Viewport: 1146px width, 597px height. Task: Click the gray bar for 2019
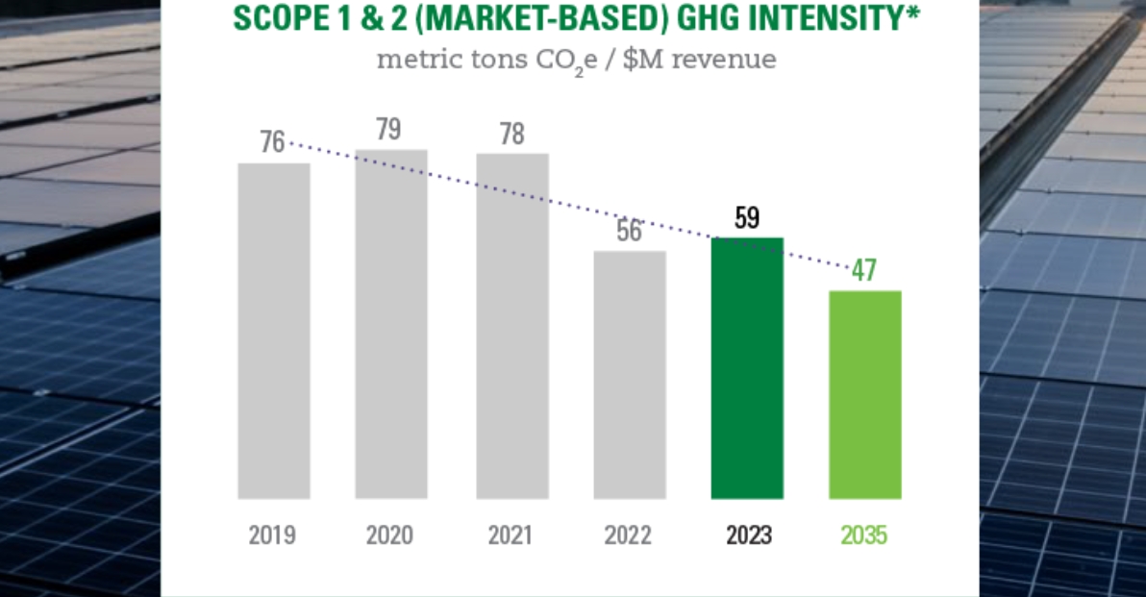click(x=274, y=331)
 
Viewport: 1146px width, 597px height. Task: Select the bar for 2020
click(x=391, y=324)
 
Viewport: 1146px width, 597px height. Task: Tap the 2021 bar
click(x=512, y=326)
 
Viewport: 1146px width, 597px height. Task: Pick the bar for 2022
click(x=630, y=375)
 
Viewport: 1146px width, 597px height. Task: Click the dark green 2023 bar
click(x=747, y=368)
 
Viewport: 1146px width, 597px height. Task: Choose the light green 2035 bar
click(x=864, y=394)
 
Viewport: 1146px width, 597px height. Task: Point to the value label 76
click(x=273, y=142)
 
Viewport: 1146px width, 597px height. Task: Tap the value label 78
click(x=511, y=134)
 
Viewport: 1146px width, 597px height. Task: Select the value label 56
click(x=630, y=233)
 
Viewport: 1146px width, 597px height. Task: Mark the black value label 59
click(x=747, y=218)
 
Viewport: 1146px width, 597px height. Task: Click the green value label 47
click(x=863, y=271)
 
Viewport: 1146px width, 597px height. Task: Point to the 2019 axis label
click(x=273, y=535)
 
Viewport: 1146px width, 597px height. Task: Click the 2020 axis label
click(x=390, y=535)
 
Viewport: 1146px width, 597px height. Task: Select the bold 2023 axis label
click(x=748, y=535)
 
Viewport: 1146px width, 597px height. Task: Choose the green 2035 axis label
click(x=864, y=535)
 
